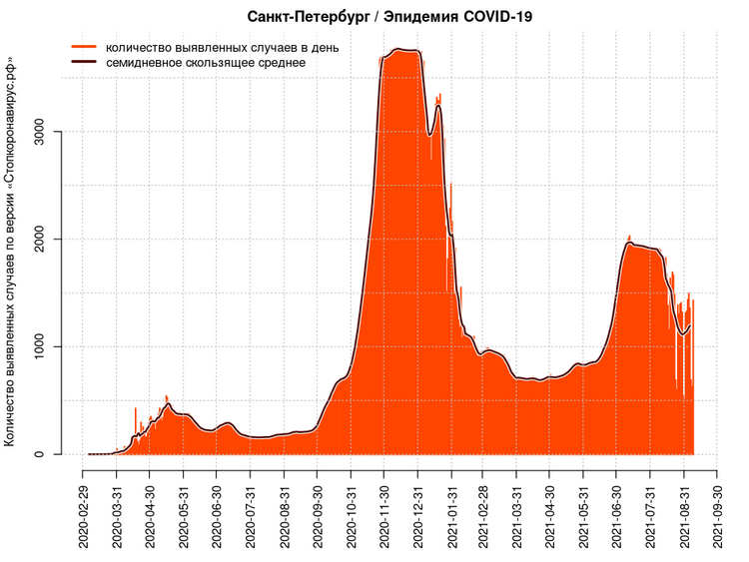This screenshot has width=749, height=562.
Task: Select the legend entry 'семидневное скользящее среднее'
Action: (205, 62)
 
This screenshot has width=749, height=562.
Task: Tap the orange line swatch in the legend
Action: (84, 47)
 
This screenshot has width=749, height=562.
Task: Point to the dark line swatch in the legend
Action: (84, 62)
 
